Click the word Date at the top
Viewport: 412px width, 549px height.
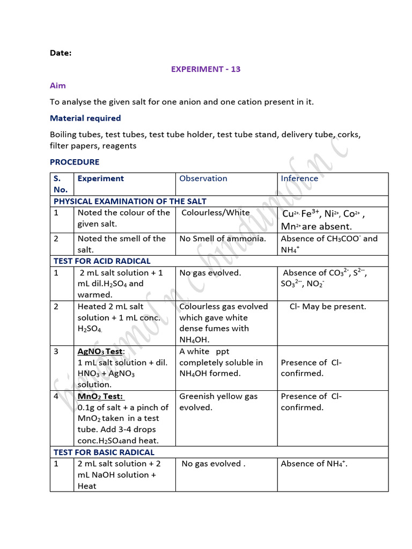point(61,53)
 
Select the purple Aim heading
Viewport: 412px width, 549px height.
point(57,85)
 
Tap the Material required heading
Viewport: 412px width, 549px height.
point(85,118)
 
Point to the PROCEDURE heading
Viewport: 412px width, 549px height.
point(75,162)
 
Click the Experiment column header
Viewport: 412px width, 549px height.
point(101,179)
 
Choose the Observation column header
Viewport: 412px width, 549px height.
point(203,179)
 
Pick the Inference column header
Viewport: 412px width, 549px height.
point(299,179)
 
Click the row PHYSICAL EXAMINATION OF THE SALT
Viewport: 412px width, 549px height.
point(130,201)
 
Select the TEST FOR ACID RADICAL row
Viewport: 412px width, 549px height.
point(102,261)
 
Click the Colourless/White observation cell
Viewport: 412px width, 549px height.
point(216,213)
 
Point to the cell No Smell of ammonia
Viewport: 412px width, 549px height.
point(223,239)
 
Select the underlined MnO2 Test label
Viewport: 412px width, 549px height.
point(101,396)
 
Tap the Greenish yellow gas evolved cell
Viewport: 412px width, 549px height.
point(218,402)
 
